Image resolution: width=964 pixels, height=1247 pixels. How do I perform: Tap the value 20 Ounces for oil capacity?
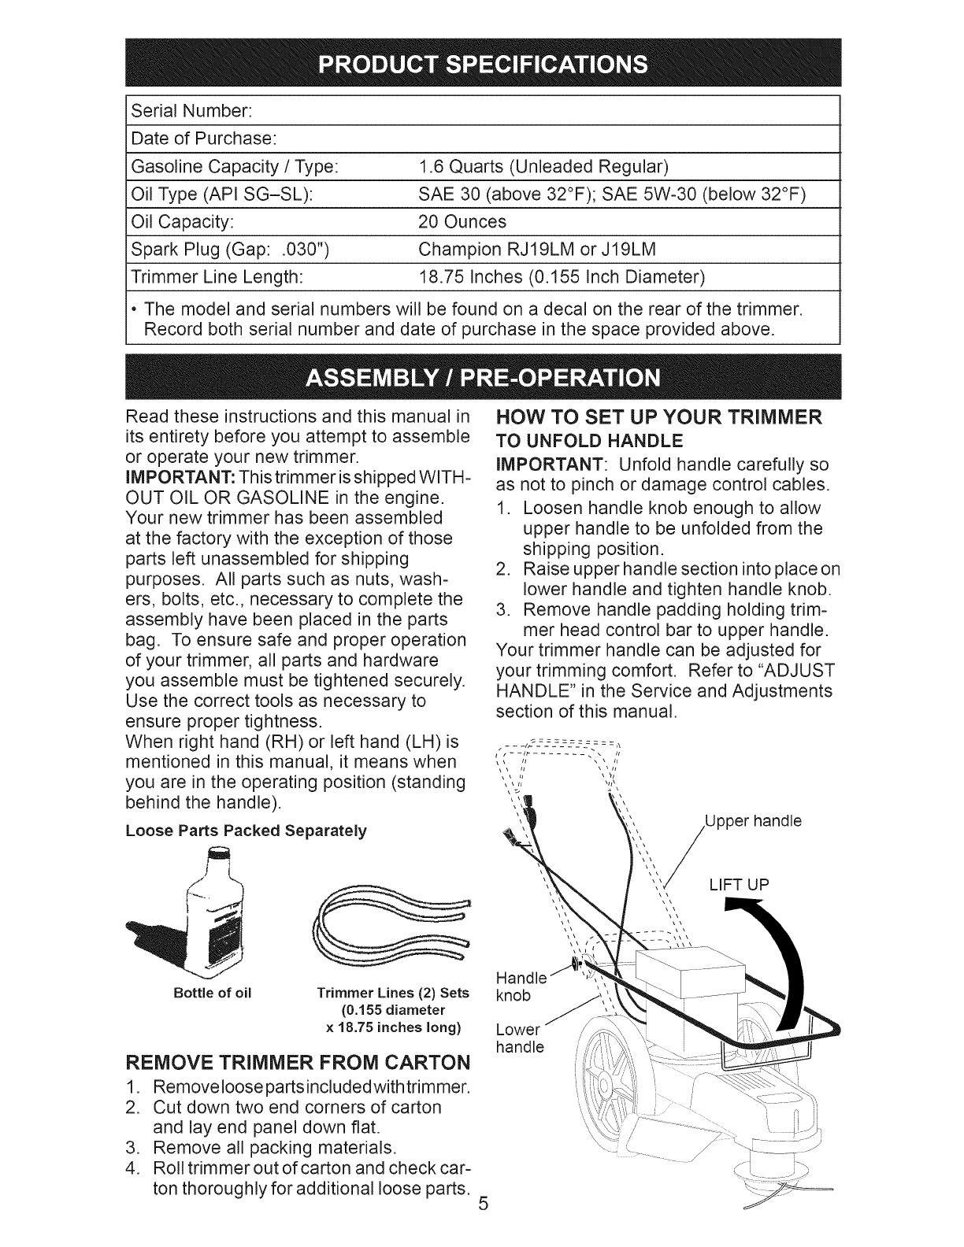462,221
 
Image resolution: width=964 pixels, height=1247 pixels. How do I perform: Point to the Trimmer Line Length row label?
217,277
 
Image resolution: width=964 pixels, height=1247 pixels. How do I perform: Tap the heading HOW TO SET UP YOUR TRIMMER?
659,417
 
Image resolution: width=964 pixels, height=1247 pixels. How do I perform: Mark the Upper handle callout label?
752,821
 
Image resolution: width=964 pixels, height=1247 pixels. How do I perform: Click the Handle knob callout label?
520,986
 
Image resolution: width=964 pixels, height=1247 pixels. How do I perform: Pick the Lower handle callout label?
520,1038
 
